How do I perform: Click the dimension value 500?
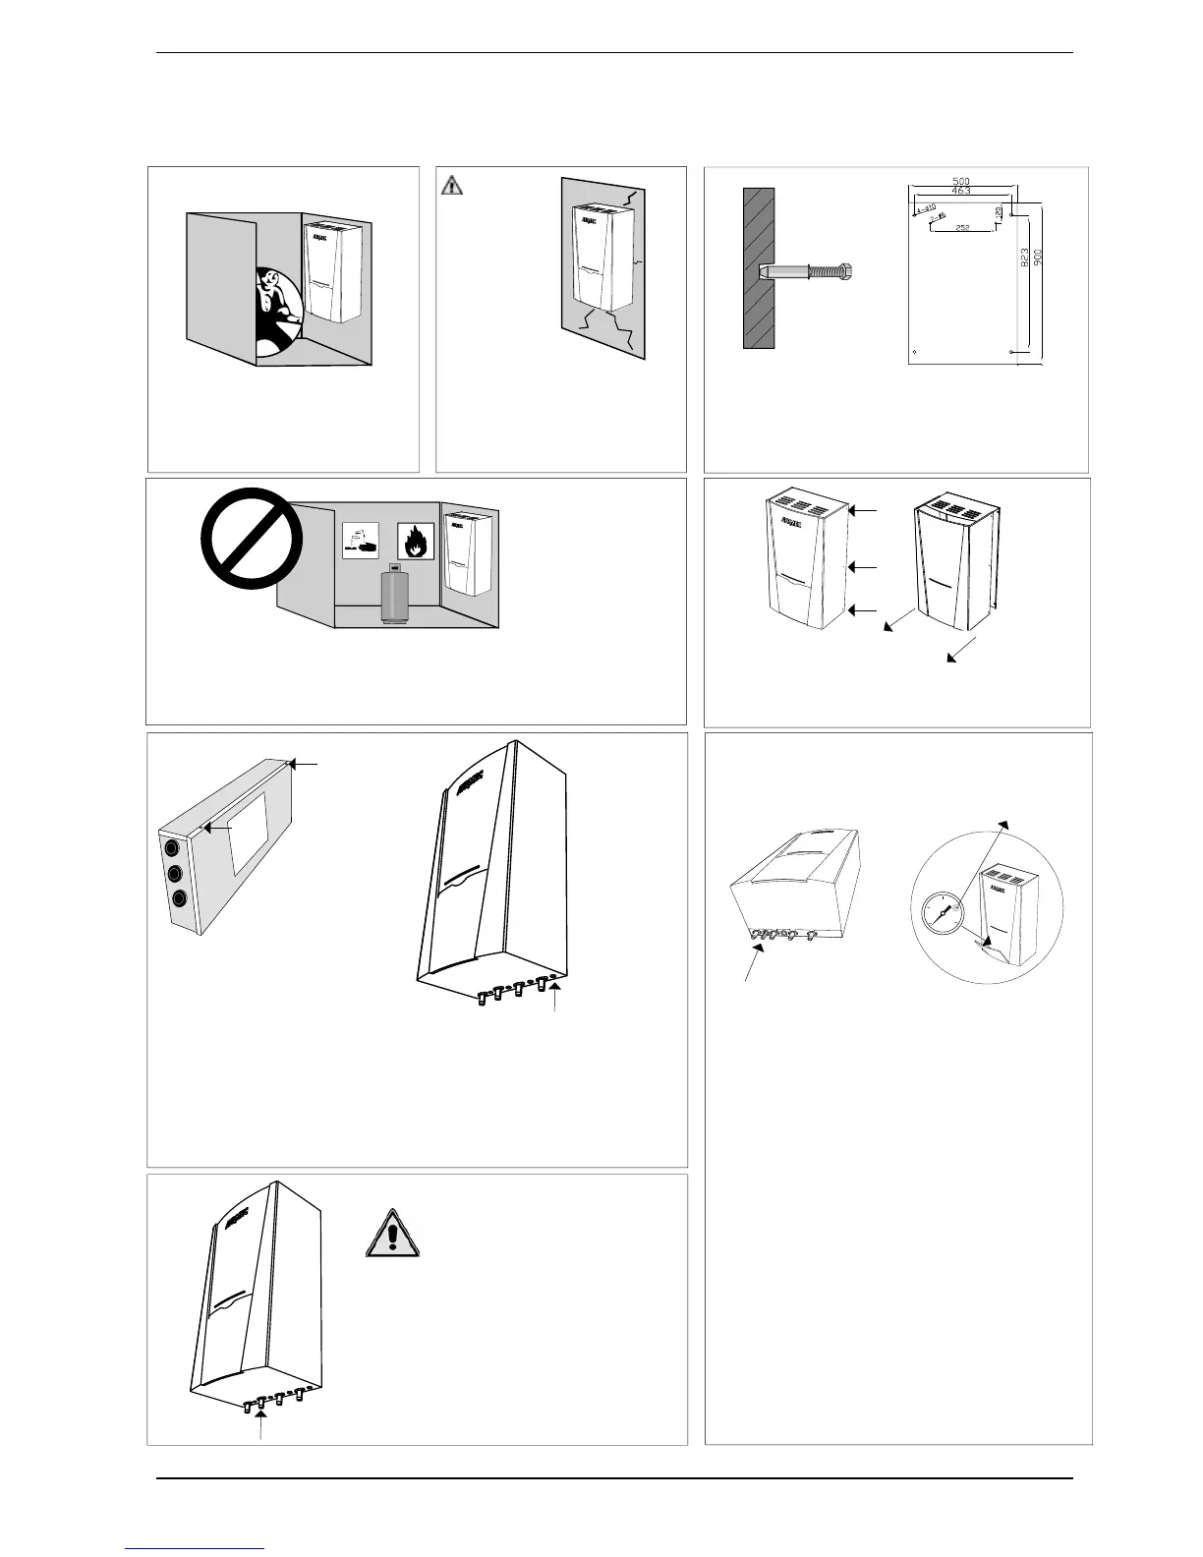tap(961, 181)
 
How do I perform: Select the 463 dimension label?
tap(961, 191)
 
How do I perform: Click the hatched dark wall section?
tap(758, 268)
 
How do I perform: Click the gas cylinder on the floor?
tap(395, 594)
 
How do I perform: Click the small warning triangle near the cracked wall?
tap(451, 183)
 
